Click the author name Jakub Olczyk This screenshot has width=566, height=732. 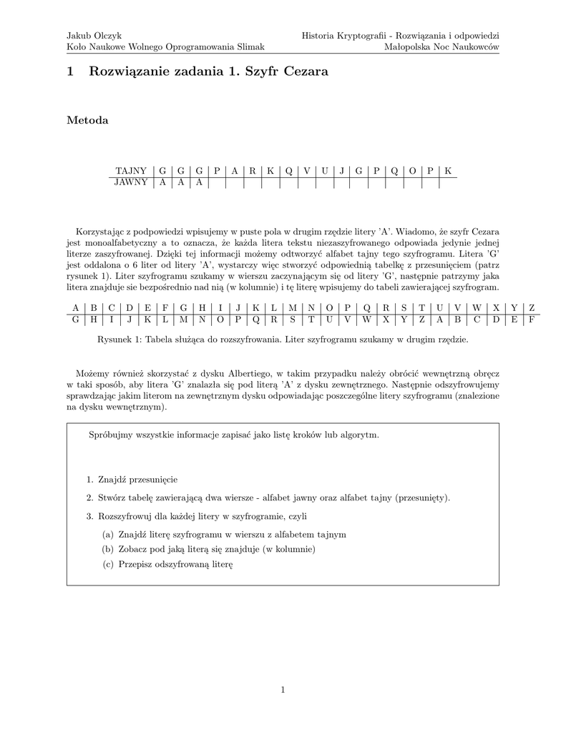94,35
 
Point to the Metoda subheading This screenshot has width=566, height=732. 87,120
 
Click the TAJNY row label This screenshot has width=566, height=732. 132,171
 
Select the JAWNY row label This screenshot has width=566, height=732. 132,182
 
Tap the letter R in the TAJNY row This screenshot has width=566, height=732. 253,171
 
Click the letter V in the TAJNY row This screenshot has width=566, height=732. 307,171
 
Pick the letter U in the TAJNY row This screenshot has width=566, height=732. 324,171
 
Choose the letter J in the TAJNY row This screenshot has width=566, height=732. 341,171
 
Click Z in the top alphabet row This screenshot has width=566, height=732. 532,308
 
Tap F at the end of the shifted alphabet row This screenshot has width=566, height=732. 532,320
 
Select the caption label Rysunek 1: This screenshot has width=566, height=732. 119,340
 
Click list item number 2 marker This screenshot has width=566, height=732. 90,498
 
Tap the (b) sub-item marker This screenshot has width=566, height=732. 108,549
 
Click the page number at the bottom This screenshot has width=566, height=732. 283,689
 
